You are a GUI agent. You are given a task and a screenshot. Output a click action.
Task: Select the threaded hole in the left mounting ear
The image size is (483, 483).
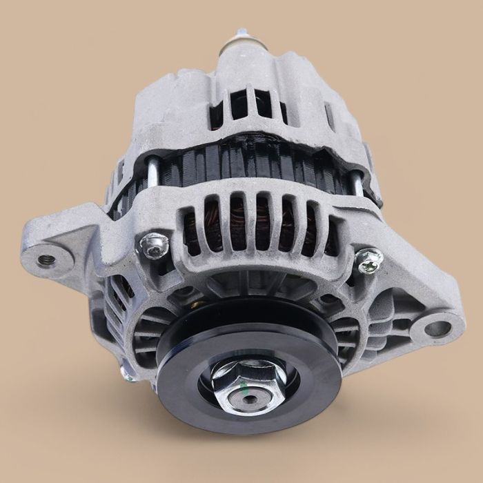click(x=46, y=260)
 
